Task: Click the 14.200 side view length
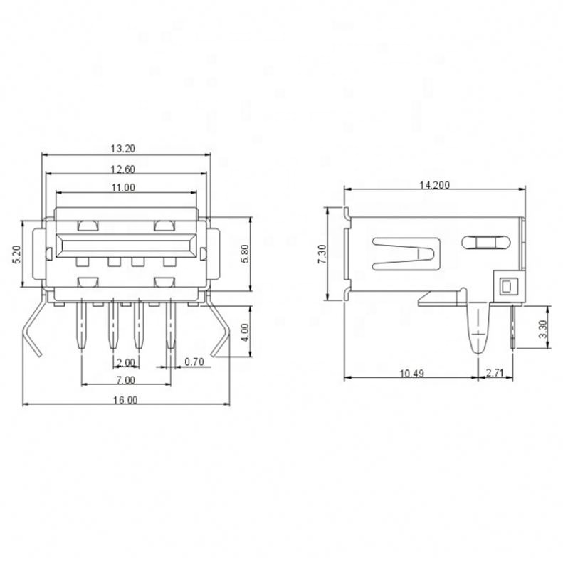pyautogui.click(x=434, y=185)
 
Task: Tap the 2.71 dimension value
pyautogui.click(x=495, y=373)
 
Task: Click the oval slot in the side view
pyautogui.click(x=486, y=242)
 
